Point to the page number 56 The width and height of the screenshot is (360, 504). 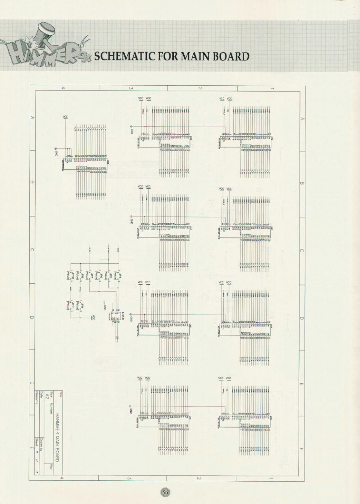click(x=165, y=492)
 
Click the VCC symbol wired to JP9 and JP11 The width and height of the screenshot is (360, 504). click(x=93, y=318)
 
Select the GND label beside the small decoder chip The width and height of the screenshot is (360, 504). click(x=105, y=307)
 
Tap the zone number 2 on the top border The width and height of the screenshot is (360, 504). click(x=200, y=88)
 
